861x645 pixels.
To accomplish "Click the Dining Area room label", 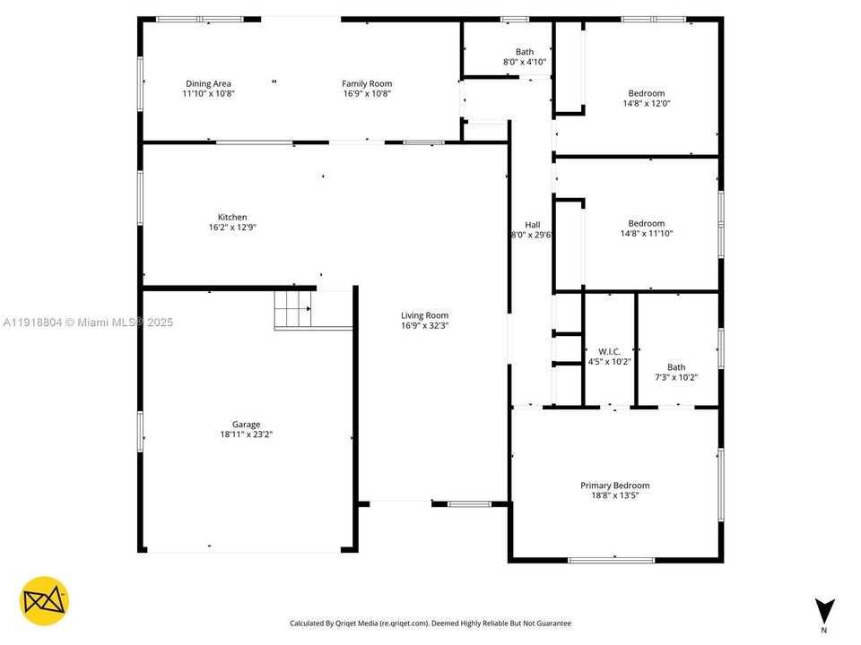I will coord(208,84).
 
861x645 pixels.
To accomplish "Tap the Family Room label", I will coord(367,84).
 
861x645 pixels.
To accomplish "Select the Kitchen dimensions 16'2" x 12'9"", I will coord(232,228).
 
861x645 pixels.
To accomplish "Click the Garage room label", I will coord(246,425).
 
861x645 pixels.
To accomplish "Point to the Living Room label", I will coord(424,315).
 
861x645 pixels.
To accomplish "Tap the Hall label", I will coord(532,225).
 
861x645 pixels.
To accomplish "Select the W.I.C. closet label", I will coord(609,351).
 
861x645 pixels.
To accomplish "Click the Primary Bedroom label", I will coord(614,486).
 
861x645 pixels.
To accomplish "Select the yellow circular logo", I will coord(44,600).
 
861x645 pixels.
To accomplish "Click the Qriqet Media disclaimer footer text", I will coord(430,623).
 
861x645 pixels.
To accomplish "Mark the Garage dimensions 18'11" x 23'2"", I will coord(246,434).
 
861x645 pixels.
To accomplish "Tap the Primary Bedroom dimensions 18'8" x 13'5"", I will coord(614,495).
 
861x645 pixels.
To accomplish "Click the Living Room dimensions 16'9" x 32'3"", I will coord(424,326).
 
